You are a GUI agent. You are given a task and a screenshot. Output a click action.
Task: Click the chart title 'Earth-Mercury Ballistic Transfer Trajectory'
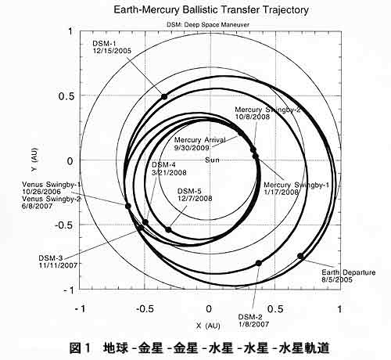pyautogui.click(x=211, y=10)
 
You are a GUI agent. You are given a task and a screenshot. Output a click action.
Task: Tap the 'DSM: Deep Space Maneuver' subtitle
pyautogui.click(x=208, y=25)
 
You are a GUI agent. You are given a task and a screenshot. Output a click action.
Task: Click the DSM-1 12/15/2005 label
pyautogui.click(x=112, y=47)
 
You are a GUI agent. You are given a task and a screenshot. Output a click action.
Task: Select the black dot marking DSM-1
pyautogui.click(x=164, y=97)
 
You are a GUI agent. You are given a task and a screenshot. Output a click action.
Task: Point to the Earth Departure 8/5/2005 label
pyautogui.click(x=348, y=276)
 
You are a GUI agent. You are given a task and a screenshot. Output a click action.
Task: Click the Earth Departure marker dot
pyautogui.click(x=300, y=256)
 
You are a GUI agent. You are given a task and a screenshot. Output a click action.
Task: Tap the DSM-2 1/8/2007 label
pyautogui.click(x=253, y=321)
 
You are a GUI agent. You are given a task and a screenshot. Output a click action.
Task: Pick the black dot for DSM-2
pyautogui.click(x=258, y=263)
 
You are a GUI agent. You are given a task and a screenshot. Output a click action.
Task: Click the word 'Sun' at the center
pyautogui.click(x=212, y=160)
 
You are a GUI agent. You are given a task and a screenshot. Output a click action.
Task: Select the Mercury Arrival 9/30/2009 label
pyautogui.click(x=199, y=144)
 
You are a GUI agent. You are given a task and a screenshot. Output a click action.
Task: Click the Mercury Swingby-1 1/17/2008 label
pyautogui.click(x=296, y=189)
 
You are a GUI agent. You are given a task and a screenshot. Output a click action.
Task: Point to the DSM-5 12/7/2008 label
pyautogui.click(x=195, y=195)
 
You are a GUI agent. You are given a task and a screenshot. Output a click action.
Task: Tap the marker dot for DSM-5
pyautogui.click(x=168, y=230)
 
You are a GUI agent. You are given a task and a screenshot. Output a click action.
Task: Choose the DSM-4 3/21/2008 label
pyautogui.click(x=169, y=168)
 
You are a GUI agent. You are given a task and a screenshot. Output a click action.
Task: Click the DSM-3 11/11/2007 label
pyautogui.click(x=58, y=261)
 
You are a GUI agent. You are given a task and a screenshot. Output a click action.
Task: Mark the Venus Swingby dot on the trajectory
pyautogui.click(x=128, y=206)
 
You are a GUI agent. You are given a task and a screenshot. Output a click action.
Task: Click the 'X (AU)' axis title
pyautogui.click(x=208, y=326)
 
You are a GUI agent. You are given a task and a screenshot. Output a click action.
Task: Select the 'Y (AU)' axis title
pyautogui.click(x=34, y=159)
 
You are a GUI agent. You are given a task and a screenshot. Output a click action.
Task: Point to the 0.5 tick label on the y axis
pyautogui.click(x=66, y=96)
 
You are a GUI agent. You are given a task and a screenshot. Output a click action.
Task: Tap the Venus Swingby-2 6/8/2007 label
pyautogui.click(x=52, y=203)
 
